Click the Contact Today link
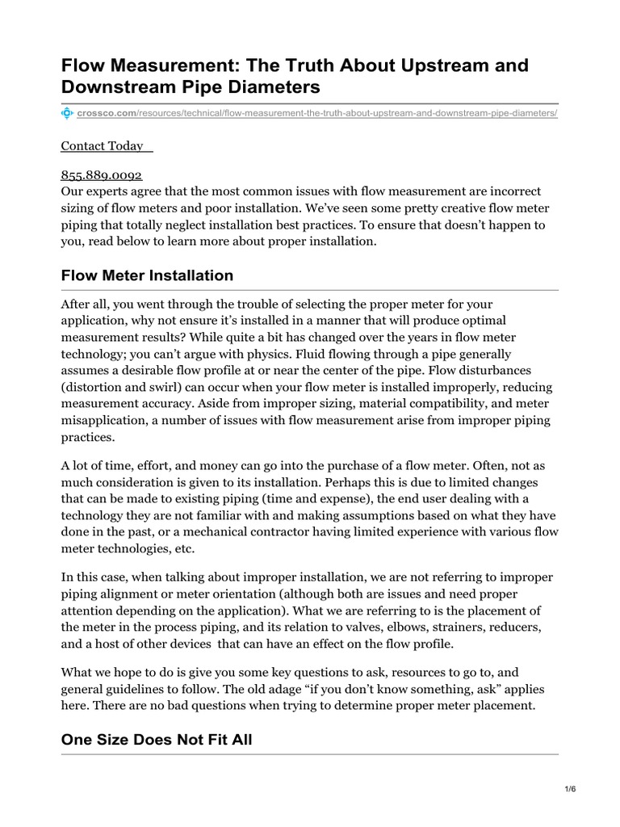pos(102,145)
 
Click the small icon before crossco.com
pos(67,113)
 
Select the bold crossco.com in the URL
pos(105,113)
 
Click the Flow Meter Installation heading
pos(147,275)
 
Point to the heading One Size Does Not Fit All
pos(157,739)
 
